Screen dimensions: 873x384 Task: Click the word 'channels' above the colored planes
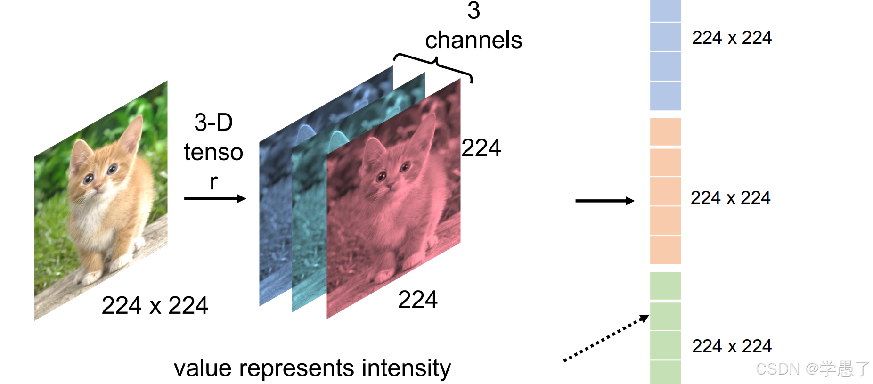coord(473,40)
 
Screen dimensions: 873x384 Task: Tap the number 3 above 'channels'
coord(474,10)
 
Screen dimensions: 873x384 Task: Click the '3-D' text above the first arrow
coord(213,123)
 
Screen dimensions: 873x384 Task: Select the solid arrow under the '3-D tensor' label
coord(215,198)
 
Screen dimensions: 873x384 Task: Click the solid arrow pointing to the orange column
coord(605,201)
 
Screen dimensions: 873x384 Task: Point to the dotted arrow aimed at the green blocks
coord(607,338)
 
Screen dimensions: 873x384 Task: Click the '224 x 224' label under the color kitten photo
coord(155,305)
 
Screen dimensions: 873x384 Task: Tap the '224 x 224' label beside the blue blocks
coord(732,38)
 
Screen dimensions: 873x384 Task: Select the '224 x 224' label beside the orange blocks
coord(730,198)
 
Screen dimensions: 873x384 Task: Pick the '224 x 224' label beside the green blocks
coord(732,346)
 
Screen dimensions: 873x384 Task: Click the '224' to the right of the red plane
coord(481,148)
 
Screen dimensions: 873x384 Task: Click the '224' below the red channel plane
coord(418,300)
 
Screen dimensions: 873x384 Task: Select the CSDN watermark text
coord(813,368)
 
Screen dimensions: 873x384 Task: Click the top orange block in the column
coord(665,132)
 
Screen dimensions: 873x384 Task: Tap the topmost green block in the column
coord(665,286)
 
